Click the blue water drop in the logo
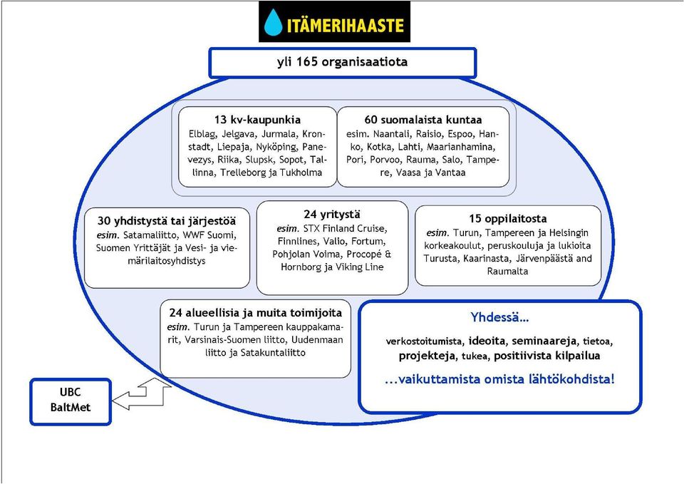(274, 22)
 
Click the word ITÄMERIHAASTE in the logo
(346, 25)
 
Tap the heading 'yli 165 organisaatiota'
(343, 62)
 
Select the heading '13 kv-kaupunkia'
(257, 120)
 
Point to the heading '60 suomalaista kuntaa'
(423, 120)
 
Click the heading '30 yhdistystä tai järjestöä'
(167, 221)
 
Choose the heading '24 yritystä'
(332, 215)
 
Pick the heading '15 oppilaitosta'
(508, 218)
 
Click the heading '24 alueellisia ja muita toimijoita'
(256, 313)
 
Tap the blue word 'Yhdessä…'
(499, 317)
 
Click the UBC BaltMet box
(71, 401)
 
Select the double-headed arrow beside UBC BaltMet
(142, 394)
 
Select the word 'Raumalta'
(507, 271)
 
